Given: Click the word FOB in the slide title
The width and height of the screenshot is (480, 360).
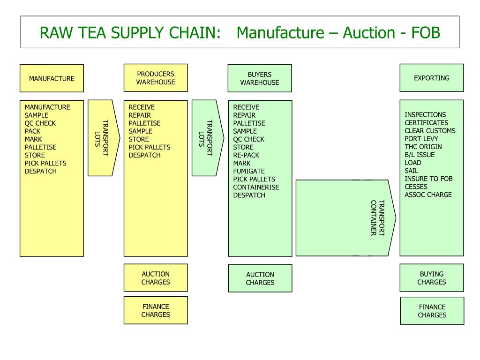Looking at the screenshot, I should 426,32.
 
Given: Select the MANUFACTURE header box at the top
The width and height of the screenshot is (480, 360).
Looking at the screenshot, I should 52,78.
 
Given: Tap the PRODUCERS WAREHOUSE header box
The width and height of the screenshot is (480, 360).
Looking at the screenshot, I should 156,78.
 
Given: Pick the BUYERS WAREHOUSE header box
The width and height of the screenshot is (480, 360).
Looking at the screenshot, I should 260,78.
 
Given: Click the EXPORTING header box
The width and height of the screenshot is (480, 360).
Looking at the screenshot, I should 431,78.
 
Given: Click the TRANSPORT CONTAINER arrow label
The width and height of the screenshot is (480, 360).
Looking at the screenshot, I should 378,218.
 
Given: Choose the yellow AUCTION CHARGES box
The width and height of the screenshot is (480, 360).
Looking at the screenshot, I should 156,278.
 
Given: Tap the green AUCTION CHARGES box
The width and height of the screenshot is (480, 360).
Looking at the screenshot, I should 260,278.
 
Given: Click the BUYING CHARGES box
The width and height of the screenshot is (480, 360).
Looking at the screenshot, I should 431,278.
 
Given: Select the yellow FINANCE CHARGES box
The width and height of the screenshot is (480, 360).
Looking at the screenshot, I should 156,310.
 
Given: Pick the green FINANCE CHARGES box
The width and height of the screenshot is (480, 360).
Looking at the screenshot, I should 432,311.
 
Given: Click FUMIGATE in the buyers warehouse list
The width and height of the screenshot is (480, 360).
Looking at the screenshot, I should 249,171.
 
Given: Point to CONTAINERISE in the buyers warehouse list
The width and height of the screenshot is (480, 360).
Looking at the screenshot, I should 256,187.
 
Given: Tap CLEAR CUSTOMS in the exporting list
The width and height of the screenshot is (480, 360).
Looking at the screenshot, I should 430,131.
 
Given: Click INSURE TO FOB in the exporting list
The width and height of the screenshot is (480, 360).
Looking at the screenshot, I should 428,179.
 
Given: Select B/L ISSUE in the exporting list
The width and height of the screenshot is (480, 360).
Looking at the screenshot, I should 420,155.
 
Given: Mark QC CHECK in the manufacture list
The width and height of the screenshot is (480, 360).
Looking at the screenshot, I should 40,123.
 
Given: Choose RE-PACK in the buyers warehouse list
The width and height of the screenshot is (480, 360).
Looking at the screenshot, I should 246,155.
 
